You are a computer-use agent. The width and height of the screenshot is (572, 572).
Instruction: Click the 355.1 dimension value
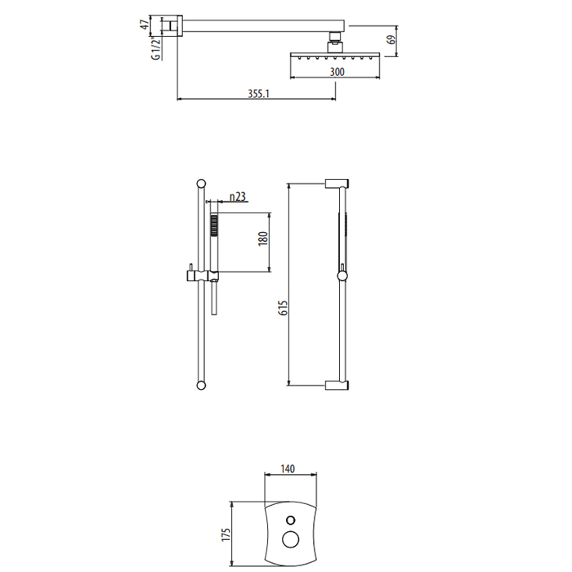pyautogui.click(x=258, y=94)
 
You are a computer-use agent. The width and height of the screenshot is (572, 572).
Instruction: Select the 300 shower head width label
pyautogui.click(x=337, y=72)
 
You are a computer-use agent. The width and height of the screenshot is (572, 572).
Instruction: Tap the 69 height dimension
pyautogui.click(x=391, y=39)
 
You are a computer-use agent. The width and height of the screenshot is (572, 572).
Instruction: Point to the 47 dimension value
pyautogui.click(x=145, y=25)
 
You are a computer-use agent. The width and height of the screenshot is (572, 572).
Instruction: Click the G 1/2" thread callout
pyautogui.click(x=156, y=48)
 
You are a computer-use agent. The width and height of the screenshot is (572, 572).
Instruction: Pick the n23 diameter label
pyautogui.click(x=238, y=197)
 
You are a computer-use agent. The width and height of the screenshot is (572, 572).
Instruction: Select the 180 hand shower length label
pyautogui.click(x=263, y=239)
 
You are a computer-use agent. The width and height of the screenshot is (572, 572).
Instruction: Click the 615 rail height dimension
pyautogui.click(x=283, y=308)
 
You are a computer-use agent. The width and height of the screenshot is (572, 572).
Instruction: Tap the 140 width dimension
pyautogui.click(x=288, y=469)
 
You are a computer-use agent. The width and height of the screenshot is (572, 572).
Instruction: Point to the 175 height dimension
pyautogui.click(x=226, y=534)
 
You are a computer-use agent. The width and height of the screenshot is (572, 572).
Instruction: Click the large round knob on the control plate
pyautogui.click(x=291, y=539)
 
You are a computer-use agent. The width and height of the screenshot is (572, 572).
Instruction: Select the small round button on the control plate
pyautogui.click(x=291, y=520)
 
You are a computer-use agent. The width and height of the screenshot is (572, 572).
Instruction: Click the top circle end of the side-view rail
pyautogui.click(x=201, y=184)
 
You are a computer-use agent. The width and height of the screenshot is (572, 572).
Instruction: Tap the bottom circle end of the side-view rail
pyautogui.click(x=201, y=385)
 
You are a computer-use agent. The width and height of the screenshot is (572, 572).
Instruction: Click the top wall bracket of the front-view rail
pyautogui.click(x=337, y=183)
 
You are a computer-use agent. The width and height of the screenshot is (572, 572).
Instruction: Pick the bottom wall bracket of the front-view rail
pyautogui.click(x=337, y=386)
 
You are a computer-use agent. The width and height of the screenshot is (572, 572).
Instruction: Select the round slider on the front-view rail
pyautogui.click(x=342, y=276)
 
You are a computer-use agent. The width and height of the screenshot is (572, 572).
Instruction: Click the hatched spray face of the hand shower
pyautogui.click(x=214, y=225)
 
